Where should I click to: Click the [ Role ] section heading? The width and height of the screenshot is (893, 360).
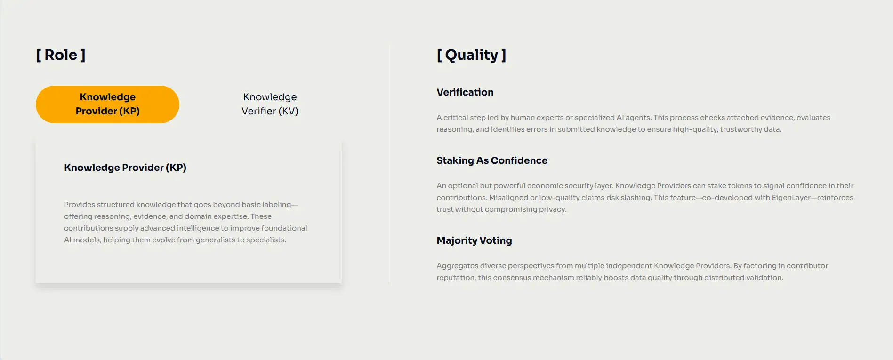tap(61, 55)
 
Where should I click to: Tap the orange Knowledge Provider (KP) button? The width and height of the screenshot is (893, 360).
tap(107, 104)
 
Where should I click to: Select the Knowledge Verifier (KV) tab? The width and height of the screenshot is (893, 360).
tap(270, 104)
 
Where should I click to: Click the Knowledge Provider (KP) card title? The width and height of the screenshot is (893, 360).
tap(125, 168)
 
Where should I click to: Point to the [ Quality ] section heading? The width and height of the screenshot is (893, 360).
tap(471, 55)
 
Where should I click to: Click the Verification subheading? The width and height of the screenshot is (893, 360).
tap(465, 92)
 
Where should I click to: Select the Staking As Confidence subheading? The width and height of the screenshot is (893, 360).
tap(492, 160)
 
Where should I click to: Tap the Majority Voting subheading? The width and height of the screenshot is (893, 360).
tap(474, 240)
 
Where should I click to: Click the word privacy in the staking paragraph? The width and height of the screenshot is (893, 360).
tap(553, 209)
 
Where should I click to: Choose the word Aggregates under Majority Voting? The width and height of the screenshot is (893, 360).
tap(457, 266)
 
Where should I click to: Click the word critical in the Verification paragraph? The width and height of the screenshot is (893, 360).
tap(456, 118)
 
